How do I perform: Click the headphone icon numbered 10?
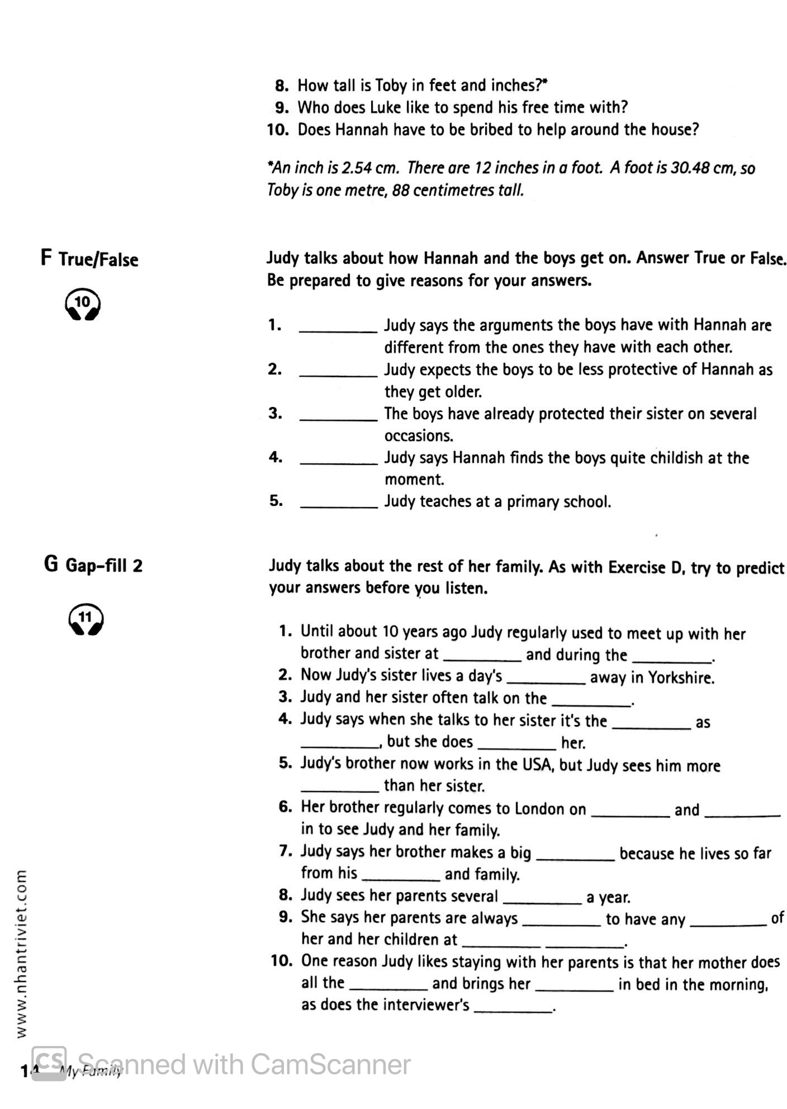point(83,304)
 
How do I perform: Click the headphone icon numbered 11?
point(86,619)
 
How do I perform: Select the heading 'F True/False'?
point(89,259)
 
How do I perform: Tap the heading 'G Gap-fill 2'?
point(93,565)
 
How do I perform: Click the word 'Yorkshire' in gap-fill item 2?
point(681,677)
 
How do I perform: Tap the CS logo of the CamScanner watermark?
point(49,1064)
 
